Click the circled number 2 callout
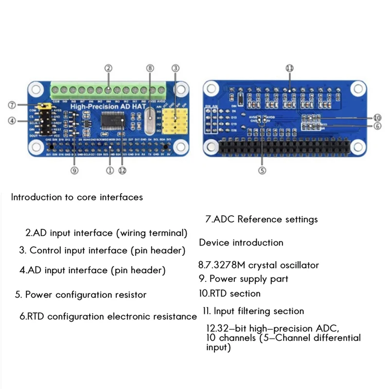click(x=108, y=68)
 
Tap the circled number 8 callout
click(x=150, y=68)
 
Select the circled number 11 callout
click(x=290, y=68)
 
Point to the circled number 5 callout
click(x=262, y=170)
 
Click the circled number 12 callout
click(x=123, y=170)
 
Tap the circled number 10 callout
click(x=377, y=118)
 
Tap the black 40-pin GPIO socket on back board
click(x=289, y=146)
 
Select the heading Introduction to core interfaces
click(x=77, y=197)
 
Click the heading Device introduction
click(x=241, y=242)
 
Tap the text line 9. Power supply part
click(x=244, y=279)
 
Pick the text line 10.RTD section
click(x=230, y=293)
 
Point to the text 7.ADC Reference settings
click(x=262, y=219)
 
